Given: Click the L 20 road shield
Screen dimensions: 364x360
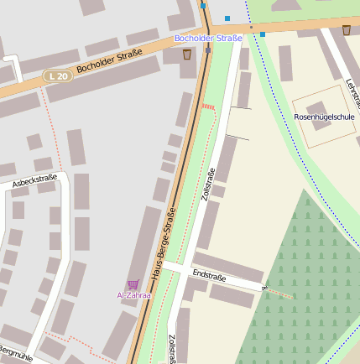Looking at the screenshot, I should pyautogui.click(x=57, y=76).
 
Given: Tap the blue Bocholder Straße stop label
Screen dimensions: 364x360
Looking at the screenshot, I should pyautogui.click(x=208, y=38).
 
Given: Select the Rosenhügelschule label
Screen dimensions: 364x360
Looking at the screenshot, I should pyautogui.click(x=324, y=117).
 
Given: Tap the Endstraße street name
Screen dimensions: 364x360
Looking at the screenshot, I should pyautogui.click(x=210, y=274).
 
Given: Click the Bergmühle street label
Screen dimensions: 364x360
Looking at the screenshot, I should pyautogui.click(x=15, y=354).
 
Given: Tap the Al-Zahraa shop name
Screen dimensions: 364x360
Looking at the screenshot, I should pyautogui.click(x=133, y=295).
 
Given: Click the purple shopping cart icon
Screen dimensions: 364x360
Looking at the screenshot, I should pyautogui.click(x=133, y=284).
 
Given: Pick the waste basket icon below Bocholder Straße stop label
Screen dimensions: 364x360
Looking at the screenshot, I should pyautogui.click(x=186, y=55).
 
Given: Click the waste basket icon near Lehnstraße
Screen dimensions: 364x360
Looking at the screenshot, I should pyautogui.click(x=347, y=30).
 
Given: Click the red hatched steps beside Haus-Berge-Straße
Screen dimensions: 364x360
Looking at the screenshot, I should pyautogui.click(x=208, y=107).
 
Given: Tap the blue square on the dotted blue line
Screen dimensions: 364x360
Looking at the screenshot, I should pyautogui.click(x=263, y=34).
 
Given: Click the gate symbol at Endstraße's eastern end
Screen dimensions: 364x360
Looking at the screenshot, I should pyautogui.click(x=264, y=289).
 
